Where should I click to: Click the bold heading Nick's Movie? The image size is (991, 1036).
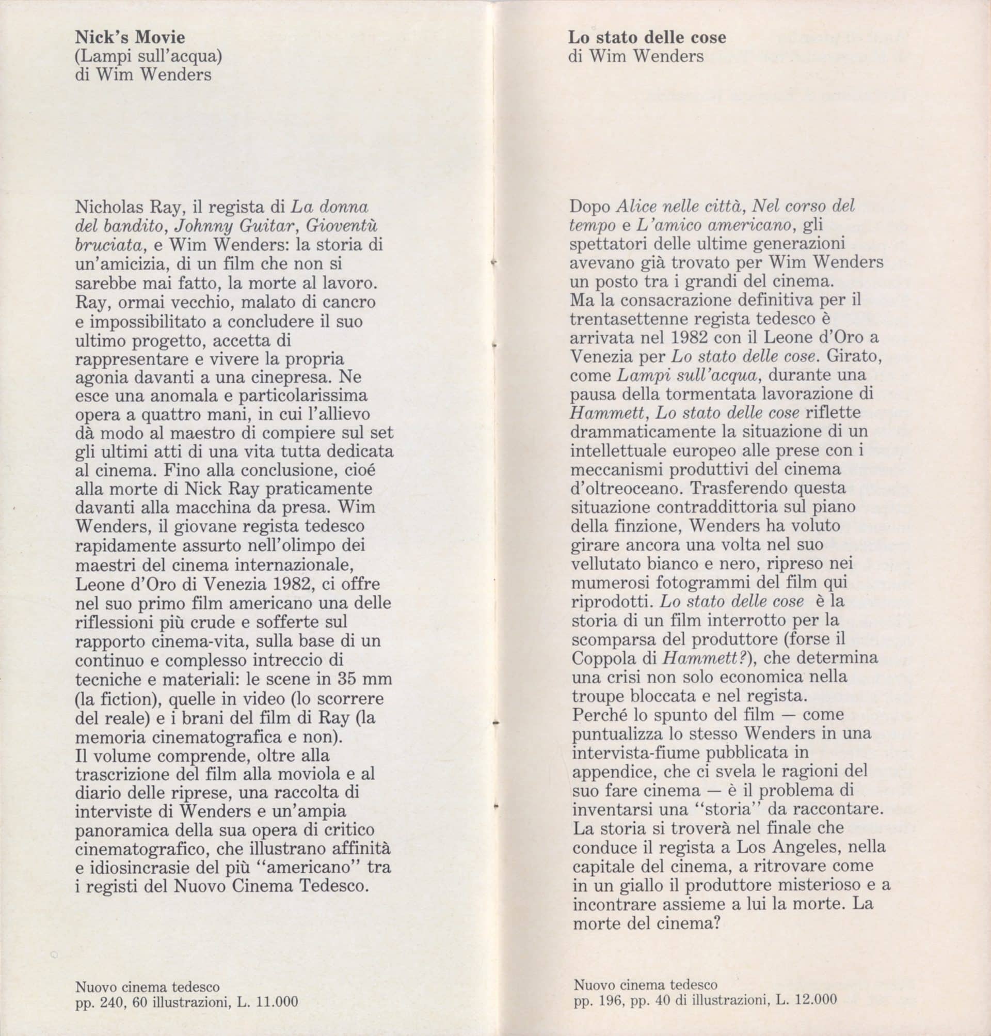pyautogui.click(x=130, y=38)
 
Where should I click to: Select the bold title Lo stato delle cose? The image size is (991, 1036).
pyautogui.click(x=647, y=38)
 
